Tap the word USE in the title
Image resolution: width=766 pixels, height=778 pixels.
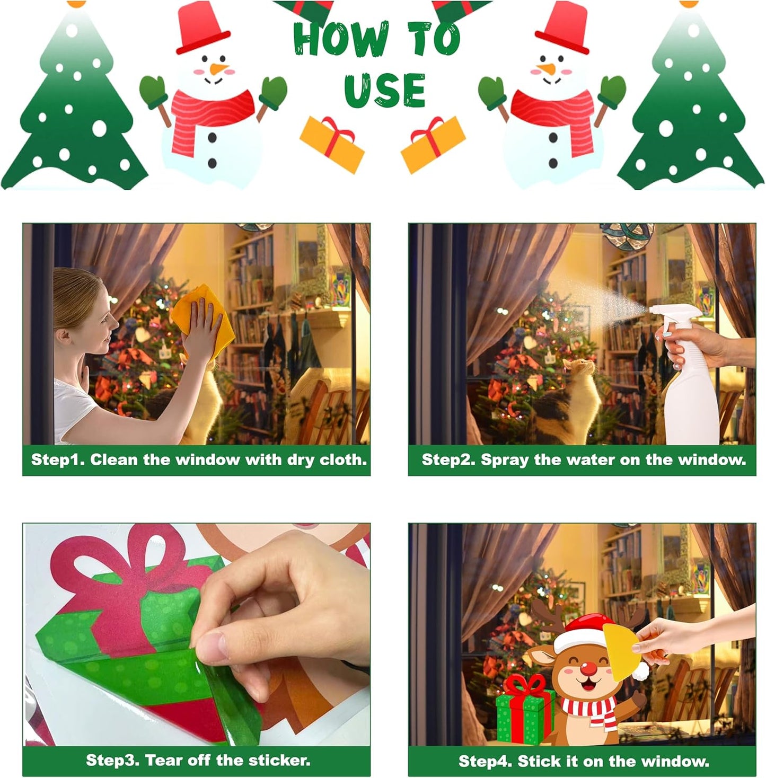pyautogui.click(x=384, y=90)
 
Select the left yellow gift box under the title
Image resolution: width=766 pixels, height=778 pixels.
pyautogui.click(x=332, y=144)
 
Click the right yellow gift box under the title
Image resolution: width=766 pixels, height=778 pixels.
pyautogui.click(x=433, y=144)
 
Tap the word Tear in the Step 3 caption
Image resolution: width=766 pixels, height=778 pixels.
pyautogui.click(x=162, y=761)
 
